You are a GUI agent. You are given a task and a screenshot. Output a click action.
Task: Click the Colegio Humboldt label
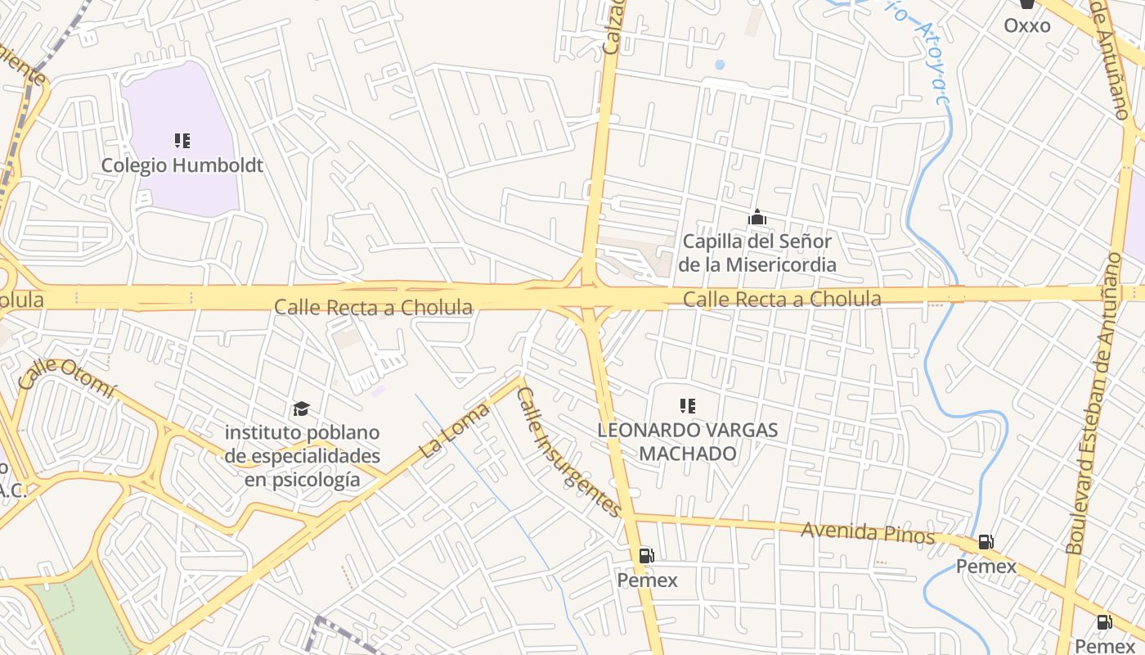pos(182,165)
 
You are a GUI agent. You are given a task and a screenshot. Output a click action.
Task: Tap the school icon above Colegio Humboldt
pos(182,141)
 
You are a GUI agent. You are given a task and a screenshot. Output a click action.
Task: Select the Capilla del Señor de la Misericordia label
pos(757,253)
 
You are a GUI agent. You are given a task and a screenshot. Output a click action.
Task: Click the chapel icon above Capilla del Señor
pos(757,218)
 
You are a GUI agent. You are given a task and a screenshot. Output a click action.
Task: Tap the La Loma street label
pos(455,429)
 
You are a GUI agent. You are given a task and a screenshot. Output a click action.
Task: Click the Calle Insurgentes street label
pos(569,452)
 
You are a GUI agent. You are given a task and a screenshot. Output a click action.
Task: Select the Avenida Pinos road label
pos(867,533)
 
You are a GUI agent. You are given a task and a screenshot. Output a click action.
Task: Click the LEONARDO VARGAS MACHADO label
pos(688,441)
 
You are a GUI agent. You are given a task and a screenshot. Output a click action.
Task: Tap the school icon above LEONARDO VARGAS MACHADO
pos(688,405)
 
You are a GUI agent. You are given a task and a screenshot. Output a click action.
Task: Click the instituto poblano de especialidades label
pos(303,455)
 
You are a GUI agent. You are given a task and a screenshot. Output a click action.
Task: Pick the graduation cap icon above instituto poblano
pos(302,409)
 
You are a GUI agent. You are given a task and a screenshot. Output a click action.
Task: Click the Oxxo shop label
pos(1027,25)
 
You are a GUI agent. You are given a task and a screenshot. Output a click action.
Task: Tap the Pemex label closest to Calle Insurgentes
pos(647,580)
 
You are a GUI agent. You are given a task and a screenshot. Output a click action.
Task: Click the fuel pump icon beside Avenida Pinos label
pos(986,542)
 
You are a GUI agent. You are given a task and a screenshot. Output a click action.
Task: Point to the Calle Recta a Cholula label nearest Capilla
pos(782,300)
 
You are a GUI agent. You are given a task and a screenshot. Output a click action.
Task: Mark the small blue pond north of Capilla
pos(719,64)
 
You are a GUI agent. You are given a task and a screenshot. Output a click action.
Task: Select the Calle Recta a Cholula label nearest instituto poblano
pos(373,308)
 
